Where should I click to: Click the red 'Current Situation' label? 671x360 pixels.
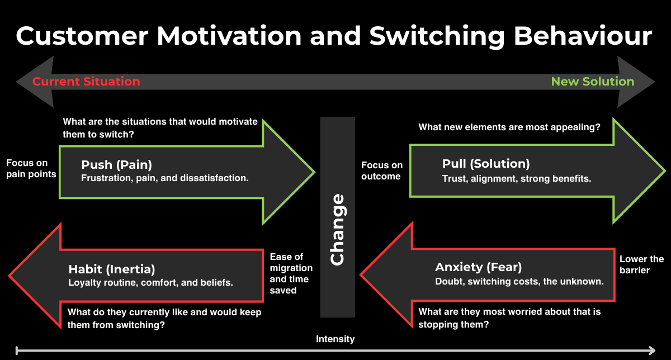click(86, 82)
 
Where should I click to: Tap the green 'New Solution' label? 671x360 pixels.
click(593, 82)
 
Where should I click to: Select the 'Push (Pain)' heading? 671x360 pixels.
click(116, 164)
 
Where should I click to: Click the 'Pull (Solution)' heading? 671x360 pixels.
click(486, 164)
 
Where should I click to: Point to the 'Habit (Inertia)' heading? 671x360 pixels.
click(112, 269)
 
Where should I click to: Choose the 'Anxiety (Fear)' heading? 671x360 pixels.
click(479, 267)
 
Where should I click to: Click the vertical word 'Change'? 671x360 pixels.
click(337, 229)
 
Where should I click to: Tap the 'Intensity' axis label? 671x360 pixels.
click(335, 339)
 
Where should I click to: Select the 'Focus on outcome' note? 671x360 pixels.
click(382, 170)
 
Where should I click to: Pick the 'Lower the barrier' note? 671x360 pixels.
click(641, 264)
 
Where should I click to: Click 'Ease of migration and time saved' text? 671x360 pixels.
click(291, 273)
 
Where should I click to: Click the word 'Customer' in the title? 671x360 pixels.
click(82, 36)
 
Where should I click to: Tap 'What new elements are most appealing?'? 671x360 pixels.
click(509, 127)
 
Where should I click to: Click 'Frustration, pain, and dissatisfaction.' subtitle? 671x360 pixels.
click(165, 178)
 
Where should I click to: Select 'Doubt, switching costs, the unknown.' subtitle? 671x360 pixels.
click(519, 281)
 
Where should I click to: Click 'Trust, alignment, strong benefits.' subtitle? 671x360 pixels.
click(517, 179)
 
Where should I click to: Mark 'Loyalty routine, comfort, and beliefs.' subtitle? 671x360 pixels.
click(150, 282)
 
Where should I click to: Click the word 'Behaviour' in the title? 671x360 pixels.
click(583, 36)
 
